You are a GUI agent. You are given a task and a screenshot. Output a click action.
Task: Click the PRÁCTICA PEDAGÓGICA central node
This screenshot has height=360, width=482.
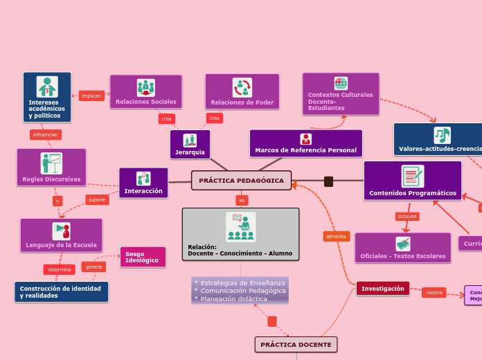(x=241, y=181)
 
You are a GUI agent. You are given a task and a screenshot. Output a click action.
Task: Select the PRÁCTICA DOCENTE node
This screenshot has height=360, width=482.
(x=296, y=344)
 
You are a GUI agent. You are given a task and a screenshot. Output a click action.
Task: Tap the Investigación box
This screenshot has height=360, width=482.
(x=382, y=289)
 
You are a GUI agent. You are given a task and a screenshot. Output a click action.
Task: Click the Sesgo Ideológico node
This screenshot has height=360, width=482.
(x=143, y=257)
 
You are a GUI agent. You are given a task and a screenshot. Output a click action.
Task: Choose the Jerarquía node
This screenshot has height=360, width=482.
(x=190, y=145)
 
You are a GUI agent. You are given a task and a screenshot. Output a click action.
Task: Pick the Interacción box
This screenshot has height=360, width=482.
(x=143, y=183)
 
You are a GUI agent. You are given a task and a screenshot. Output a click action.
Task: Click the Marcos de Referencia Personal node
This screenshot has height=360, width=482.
(x=305, y=144)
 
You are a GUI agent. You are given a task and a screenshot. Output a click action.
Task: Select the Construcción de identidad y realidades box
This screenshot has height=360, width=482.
(x=61, y=291)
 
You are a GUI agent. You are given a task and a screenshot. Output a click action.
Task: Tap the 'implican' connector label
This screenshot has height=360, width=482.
(x=91, y=96)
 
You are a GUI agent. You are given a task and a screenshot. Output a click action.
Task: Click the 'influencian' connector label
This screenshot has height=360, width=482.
(x=46, y=134)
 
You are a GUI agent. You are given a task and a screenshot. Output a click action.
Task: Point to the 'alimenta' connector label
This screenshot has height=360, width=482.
(x=336, y=236)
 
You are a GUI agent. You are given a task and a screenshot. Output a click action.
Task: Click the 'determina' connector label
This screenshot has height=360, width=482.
(x=59, y=269)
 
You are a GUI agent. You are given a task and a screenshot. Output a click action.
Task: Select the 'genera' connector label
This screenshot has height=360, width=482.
(x=93, y=267)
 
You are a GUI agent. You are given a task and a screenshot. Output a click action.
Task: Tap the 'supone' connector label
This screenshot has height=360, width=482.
(x=97, y=200)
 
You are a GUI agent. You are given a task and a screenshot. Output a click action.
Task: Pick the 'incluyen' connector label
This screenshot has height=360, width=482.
(x=407, y=216)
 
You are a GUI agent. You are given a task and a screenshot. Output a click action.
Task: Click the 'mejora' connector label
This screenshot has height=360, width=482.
(x=434, y=292)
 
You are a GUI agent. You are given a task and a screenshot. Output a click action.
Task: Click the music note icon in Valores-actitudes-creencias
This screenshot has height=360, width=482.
(x=442, y=135)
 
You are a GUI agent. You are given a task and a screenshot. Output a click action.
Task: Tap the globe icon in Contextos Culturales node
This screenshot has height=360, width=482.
(x=341, y=83)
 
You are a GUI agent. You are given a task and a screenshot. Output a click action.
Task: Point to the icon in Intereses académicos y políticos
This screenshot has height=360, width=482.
(x=47, y=87)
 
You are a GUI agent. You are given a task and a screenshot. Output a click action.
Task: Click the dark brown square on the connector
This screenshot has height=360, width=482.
(x=328, y=181)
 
